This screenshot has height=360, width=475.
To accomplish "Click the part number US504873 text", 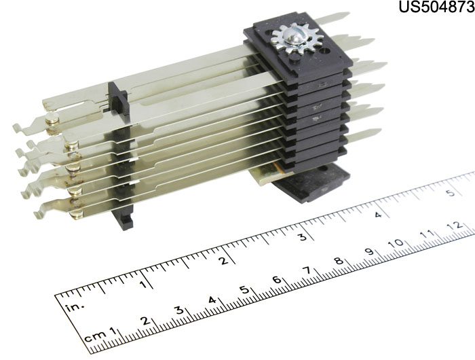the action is [436, 7].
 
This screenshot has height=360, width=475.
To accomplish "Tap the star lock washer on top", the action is [297, 40].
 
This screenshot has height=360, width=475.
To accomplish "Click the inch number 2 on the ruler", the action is [224, 261].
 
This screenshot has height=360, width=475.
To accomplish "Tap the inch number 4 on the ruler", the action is [377, 215].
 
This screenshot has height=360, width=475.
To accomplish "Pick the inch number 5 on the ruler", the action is [452, 192].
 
